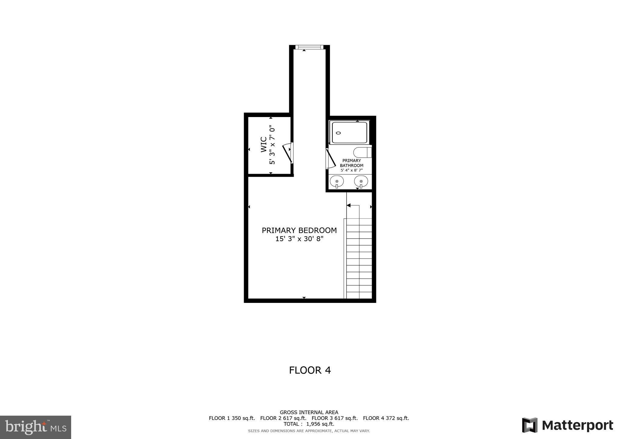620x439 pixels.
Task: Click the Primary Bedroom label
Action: pos(299,230)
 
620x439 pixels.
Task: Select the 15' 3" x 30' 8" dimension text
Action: pos(299,239)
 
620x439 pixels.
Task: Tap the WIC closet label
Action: pos(264,145)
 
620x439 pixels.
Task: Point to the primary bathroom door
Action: pos(331,159)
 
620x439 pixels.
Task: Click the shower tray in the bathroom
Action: pos(349,132)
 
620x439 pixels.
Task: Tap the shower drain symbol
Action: pos(338,133)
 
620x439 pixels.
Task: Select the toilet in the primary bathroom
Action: pos(362,152)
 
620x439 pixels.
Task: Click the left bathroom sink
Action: pos(337,182)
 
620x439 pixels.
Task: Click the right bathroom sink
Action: pos(361,182)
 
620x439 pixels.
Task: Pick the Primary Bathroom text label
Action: pos(351,163)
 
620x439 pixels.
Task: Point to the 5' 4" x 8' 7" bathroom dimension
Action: pos(351,170)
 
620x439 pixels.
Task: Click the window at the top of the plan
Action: pos(309,47)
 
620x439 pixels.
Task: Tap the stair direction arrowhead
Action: pos(348,206)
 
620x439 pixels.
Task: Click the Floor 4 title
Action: pos(310,370)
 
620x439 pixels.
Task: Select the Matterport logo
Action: pos(567,425)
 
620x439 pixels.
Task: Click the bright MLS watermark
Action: pos(35,427)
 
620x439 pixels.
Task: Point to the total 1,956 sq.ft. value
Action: pos(320,424)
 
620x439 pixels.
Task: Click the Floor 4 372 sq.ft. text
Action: pos(386,418)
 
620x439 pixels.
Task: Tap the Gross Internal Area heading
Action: pos(309,412)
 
